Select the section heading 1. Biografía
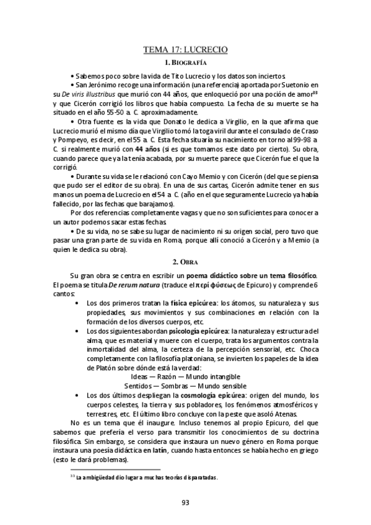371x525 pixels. click(x=185, y=63)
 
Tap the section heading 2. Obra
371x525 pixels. click(x=185, y=262)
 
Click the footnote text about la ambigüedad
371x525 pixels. click(x=146, y=477)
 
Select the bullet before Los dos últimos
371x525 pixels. click(x=76, y=394)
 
